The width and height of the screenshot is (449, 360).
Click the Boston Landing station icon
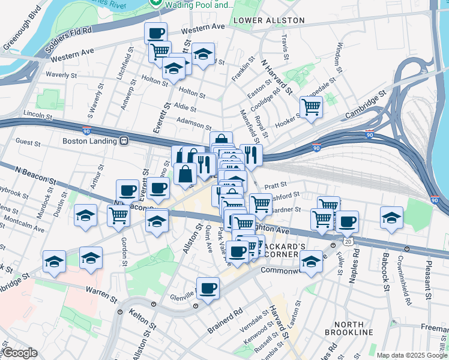tap(124, 142)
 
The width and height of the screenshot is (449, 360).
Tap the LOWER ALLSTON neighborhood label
tap(269, 20)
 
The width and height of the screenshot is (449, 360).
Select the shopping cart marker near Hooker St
tap(311, 107)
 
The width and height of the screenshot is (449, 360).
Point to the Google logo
tap(20, 353)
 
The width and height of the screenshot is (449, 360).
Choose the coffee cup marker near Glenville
tap(208, 288)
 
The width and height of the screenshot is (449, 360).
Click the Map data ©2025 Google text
tap(411, 355)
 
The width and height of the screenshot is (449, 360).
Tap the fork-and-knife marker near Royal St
tap(251, 155)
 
